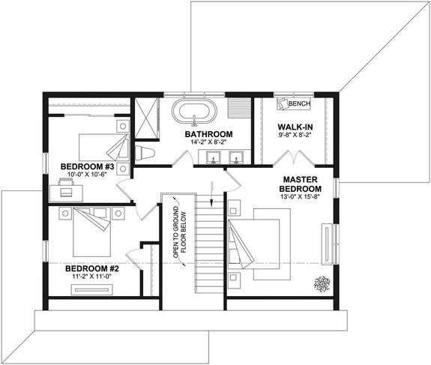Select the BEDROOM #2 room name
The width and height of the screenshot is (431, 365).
(88, 268)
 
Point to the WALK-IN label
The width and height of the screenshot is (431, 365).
(295, 127)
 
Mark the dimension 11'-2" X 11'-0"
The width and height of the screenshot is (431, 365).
(88, 277)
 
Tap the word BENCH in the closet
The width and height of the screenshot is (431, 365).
(299, 103)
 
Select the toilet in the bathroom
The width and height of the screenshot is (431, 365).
(145, 154)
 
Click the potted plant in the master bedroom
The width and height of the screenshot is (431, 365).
(322, 283)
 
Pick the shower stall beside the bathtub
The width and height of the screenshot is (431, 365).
(148, 118)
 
